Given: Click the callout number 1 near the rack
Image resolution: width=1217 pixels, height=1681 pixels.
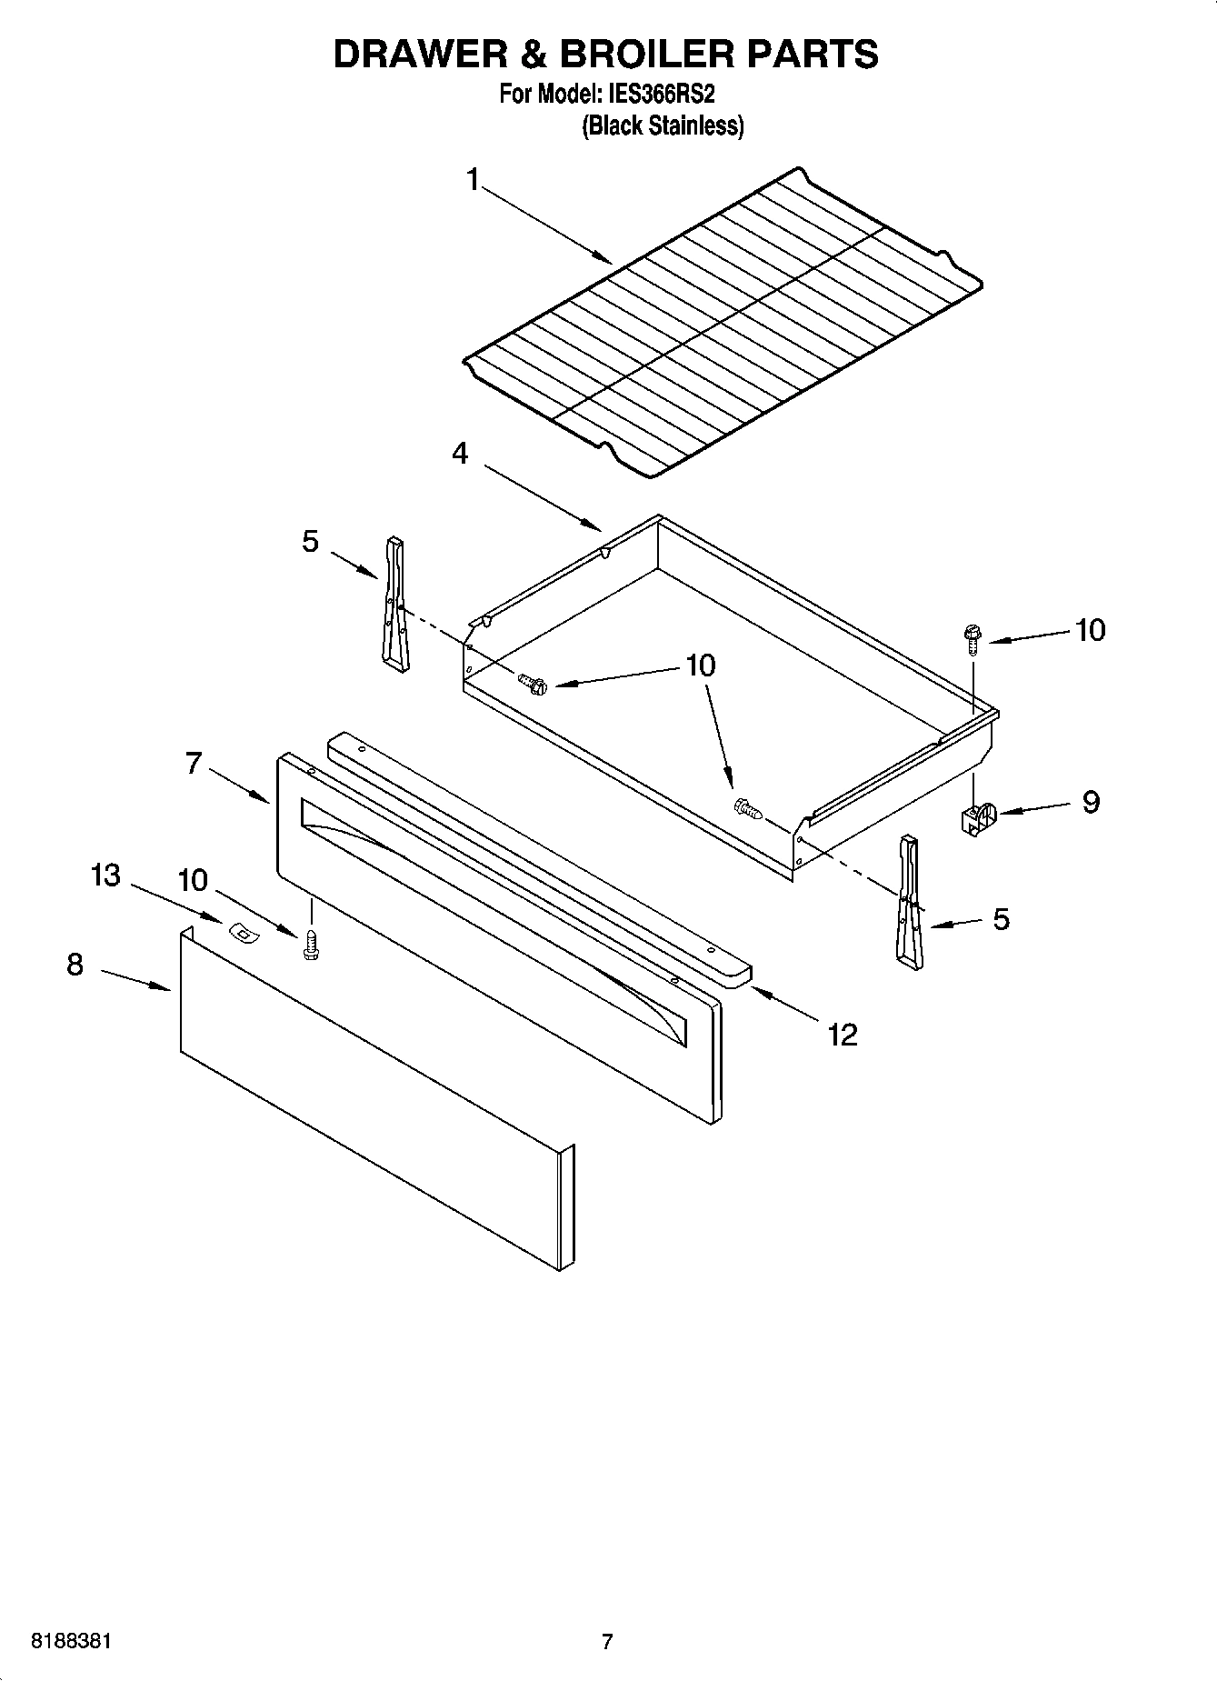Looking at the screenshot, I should [472, 181].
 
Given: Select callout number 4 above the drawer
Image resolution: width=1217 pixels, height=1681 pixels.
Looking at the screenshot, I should [461, 453].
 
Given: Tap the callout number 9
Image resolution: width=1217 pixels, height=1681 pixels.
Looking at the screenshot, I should [1090, 802].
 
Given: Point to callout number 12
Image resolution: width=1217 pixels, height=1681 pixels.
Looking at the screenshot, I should [843, 1035].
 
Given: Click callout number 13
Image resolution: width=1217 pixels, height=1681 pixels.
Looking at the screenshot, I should [105, 876].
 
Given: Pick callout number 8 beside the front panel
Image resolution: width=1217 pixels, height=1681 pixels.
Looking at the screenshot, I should [75, 965].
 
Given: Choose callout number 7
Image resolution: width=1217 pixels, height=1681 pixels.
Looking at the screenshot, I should [193, 763].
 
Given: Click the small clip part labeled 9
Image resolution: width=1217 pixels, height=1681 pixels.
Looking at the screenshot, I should [978, 817].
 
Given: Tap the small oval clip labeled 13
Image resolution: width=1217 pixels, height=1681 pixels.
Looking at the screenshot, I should [241, 931].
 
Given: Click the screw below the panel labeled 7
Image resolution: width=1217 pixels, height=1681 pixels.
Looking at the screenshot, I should [311, 946].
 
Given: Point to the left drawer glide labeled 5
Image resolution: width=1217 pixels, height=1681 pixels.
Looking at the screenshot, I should [394, 605].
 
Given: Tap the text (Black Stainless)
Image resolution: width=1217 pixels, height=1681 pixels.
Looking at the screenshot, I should [663, 125].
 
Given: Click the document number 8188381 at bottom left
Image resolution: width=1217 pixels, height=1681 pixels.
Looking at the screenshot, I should [72, 1642].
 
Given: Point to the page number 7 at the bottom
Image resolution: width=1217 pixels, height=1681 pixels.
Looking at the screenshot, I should [607, 1642].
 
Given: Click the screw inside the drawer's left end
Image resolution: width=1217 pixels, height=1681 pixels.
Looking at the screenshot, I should [533, 682].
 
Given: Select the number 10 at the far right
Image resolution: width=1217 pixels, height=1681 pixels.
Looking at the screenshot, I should [1090, 630].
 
